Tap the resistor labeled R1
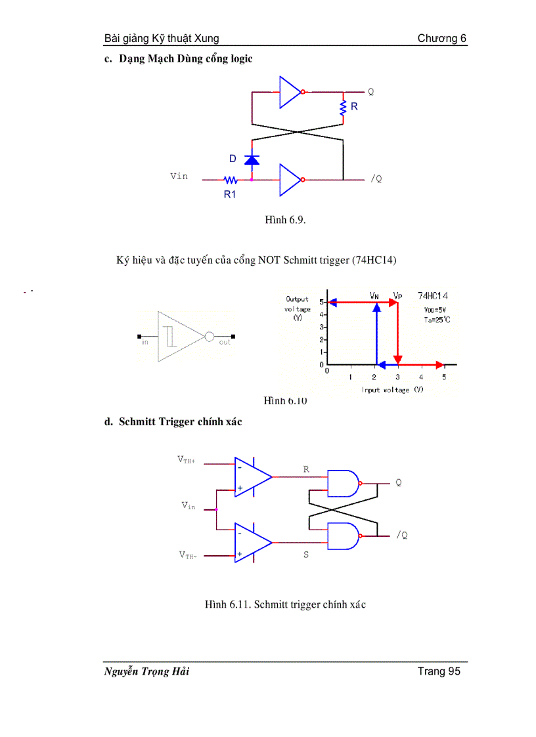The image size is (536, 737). pos(231,179)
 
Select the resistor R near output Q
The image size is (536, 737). pos(343,109)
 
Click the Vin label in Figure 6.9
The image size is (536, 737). pos(179,176)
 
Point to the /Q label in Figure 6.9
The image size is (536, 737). pos(376,179)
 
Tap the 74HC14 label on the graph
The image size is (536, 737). pos(434,296)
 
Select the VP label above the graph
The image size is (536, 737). pos(397,295)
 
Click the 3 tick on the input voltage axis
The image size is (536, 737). pos(397,377)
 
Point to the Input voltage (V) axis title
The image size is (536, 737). pos(393,390)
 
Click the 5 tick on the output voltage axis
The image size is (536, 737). pos(321,302)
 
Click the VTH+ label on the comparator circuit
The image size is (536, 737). pos(187,460)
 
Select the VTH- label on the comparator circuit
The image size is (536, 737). pos(188,555)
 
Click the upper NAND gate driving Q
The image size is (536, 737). pos(344,484)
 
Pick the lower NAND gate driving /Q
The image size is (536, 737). pos(344,536)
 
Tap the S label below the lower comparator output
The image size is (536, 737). pos(306,555)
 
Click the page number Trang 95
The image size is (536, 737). pos(439,671)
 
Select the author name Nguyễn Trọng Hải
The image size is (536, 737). pos(146,671)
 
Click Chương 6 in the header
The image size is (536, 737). pos(442,38)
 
